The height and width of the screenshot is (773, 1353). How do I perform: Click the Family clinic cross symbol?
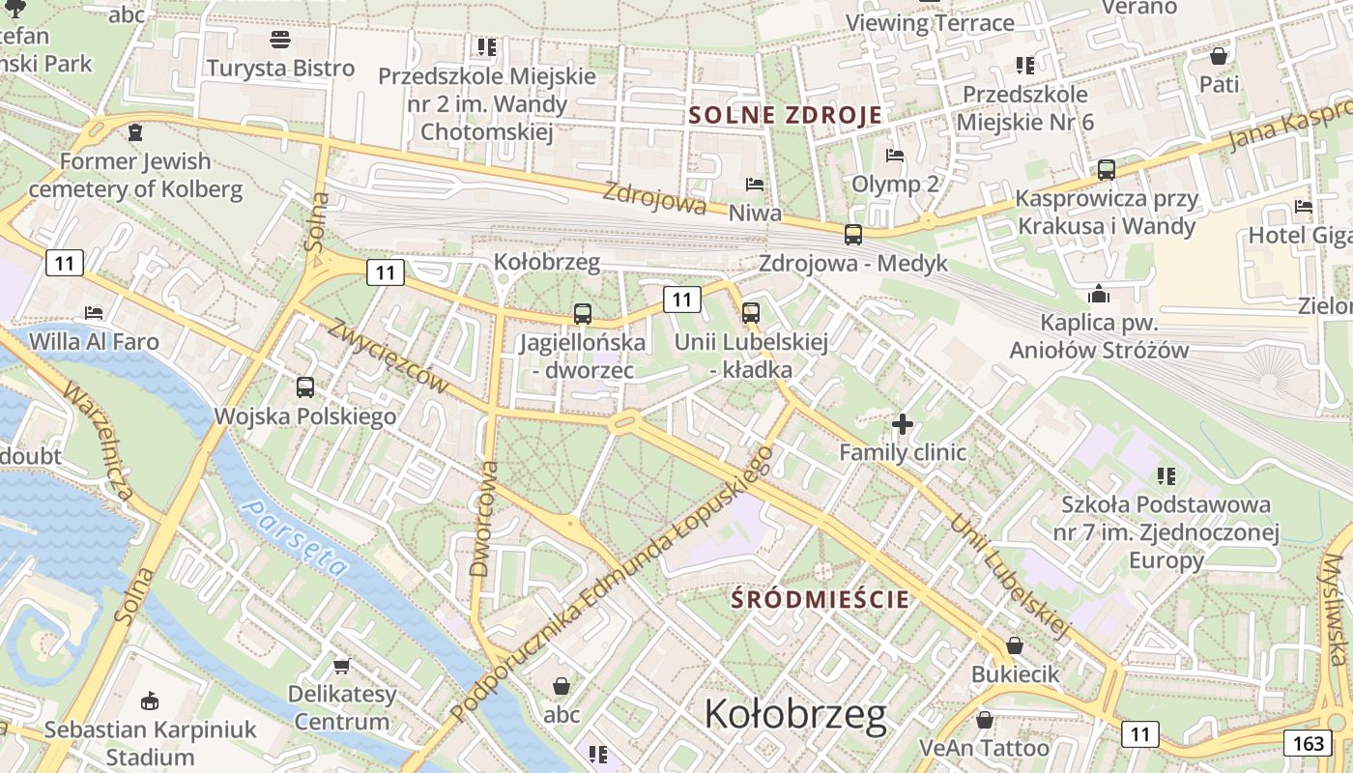pos(903,423)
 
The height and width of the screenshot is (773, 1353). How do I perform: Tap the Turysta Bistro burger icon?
pos(280,40)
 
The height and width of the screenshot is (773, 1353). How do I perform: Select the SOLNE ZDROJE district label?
pos(785,115)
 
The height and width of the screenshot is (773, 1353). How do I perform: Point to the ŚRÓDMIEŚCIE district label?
pos(820,599)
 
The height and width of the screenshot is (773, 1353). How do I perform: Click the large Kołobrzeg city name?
pos(794,714)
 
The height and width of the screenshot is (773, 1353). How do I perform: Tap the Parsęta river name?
pos(294,537)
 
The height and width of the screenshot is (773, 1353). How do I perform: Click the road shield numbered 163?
pos(1304,742)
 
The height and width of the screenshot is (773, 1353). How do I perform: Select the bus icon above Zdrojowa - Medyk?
pos(852,234)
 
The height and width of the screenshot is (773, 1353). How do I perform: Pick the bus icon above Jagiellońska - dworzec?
pos(582,313)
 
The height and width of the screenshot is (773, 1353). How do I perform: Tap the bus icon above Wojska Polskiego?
pos(305,387)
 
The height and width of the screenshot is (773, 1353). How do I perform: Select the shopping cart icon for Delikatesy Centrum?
pos(341,666)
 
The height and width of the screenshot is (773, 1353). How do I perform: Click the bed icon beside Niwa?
pos(755,185)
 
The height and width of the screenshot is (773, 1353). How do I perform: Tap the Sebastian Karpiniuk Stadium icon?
pos(149,701)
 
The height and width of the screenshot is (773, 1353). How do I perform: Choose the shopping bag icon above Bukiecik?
pos(1015,644)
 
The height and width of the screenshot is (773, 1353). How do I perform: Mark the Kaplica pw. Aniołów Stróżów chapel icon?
pos(1098,293)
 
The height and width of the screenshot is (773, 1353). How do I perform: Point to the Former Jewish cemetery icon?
pos(135,131)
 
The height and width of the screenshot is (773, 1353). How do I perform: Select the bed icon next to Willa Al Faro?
pos(94,312)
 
